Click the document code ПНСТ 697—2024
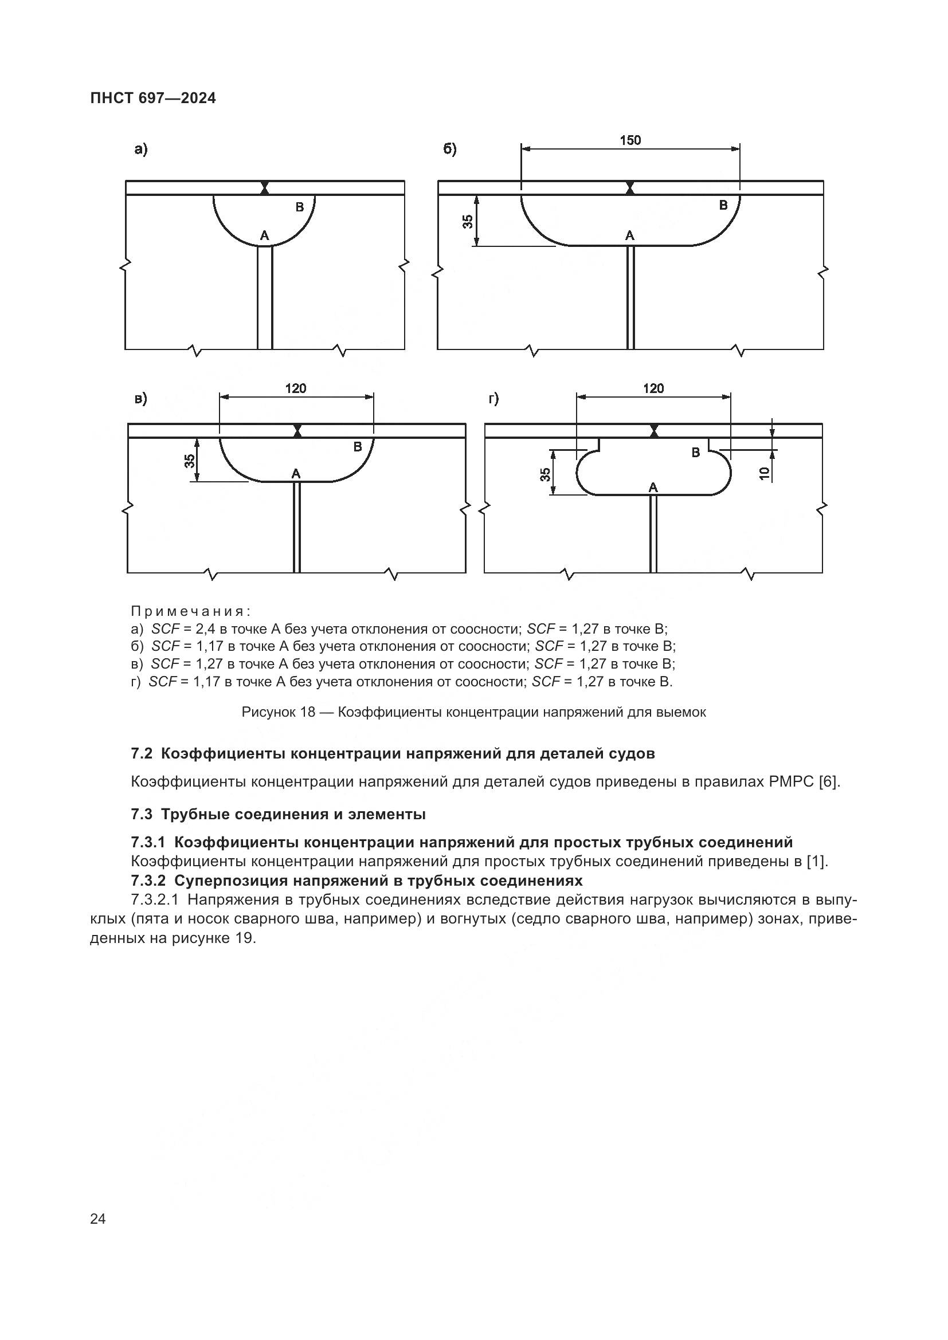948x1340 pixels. click(x=153, y=99)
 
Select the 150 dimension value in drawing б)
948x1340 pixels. click(x=630, y=140)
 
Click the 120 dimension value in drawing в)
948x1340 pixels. click(x=295, y=388)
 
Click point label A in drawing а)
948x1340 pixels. click(x=264, y=236)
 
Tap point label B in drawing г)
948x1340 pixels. click(x=695, y=453)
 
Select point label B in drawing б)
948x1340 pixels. click(x=723, y=205)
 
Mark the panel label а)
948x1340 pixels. click(x=140, y=150)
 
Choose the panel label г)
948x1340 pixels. click(x=494, y=399)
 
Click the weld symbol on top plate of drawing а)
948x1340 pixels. click(x=265, y=188)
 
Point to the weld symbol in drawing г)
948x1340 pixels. click(x=654, y=431)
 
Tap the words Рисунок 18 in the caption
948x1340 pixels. click(x=279, y=712)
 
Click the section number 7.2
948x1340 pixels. click(x=142, y=753)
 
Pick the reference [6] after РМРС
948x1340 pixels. click(x=829, y=781)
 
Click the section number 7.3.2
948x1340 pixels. click(x=149, y=880)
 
